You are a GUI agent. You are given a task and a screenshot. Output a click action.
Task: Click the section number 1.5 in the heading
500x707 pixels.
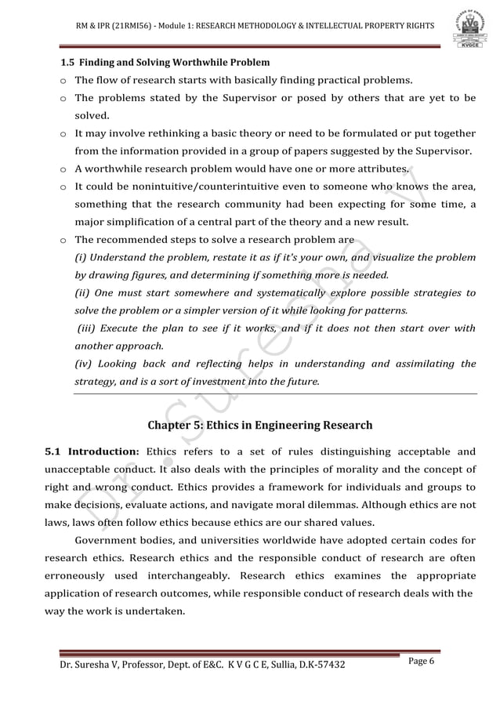coord(69,62)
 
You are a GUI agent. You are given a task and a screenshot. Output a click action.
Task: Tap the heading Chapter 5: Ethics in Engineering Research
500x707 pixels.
coord(259,426)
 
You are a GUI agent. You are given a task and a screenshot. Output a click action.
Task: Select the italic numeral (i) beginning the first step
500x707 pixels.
coord(81,258)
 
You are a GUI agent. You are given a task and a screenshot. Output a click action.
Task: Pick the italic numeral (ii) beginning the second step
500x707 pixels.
coord(82,292)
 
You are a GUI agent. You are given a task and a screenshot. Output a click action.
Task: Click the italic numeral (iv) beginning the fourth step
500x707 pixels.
coord(83,364)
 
